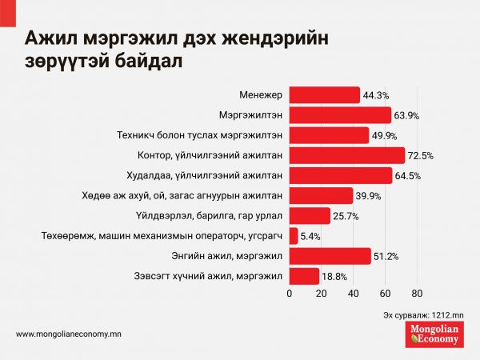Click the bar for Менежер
pyautogui.click(x=324, y=95)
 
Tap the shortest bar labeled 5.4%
pyautogui.click(x=293, y=236)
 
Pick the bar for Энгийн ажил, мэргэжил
pyautogui.click(x=330, y=256)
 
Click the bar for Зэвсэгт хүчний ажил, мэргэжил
pyautogui.click(x=304, y=276)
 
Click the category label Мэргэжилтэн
pyautogui.click(x=251, y=115)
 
